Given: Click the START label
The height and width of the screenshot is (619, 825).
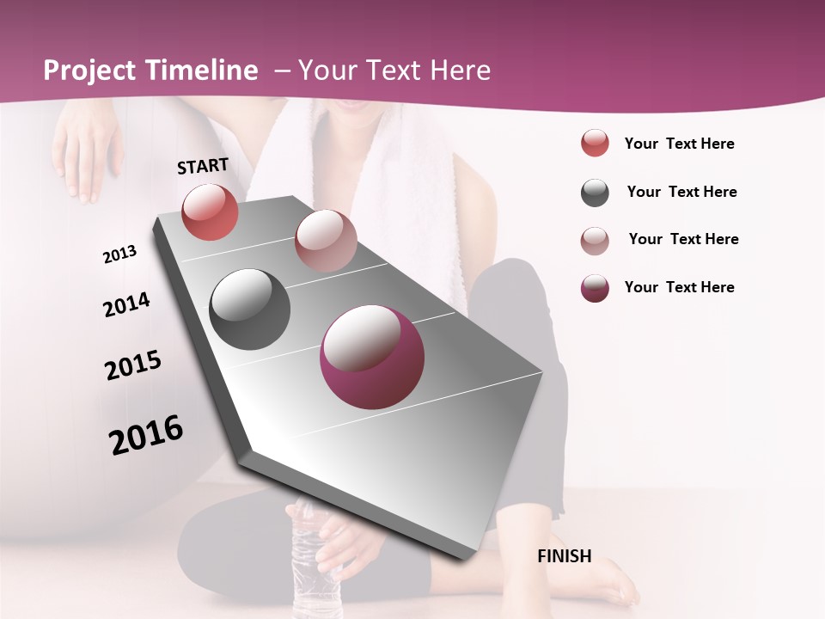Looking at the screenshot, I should point(203,166).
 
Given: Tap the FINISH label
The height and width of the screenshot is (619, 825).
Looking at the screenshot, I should point(564,556).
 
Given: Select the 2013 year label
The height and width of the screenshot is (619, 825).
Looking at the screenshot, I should point(119,254).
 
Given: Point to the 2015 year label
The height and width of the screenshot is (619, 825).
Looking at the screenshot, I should point(133,365).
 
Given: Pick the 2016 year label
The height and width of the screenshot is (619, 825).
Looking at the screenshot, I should point(146,435).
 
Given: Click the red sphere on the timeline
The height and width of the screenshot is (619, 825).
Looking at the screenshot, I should point(210,211).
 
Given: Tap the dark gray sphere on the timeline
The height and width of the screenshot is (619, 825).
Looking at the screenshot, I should point(249,309).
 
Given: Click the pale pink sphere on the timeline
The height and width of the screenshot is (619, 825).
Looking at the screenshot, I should point(325,241).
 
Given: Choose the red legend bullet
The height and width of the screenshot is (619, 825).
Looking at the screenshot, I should point(595,144).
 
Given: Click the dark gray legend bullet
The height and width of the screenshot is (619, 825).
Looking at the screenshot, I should point(595,193).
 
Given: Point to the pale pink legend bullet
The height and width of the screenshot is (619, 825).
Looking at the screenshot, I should point(595,241).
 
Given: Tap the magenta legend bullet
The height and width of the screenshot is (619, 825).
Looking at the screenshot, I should point(595,288).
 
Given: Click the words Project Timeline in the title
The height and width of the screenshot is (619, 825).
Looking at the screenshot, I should point(150,70).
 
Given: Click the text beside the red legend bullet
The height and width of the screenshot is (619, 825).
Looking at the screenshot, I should point(679,144).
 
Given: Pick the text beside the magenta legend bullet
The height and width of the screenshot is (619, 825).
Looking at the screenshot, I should point(679,287).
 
